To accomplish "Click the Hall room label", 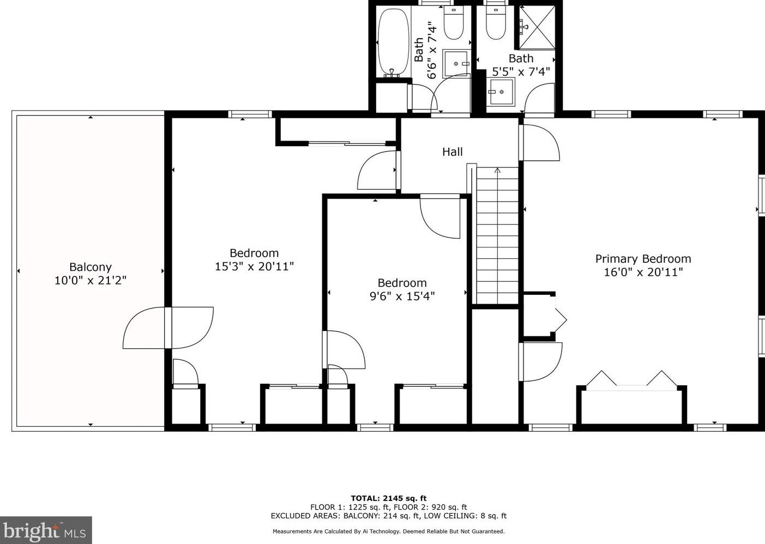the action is click(452, 152).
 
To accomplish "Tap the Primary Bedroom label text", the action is click(643, 258).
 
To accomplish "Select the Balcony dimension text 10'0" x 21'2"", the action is click(91, 280).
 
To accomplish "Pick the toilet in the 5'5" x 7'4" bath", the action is click(496, 23).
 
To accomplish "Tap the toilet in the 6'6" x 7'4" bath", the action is click(454, 23).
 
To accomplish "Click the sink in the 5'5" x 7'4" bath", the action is click(501, 92).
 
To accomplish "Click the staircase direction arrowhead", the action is click(497, 170).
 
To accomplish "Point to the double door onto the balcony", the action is click(168, 328).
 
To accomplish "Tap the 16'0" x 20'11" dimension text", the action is click(643, 272).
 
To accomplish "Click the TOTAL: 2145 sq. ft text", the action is click(389, 498).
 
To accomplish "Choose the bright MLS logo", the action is click(46, 530).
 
